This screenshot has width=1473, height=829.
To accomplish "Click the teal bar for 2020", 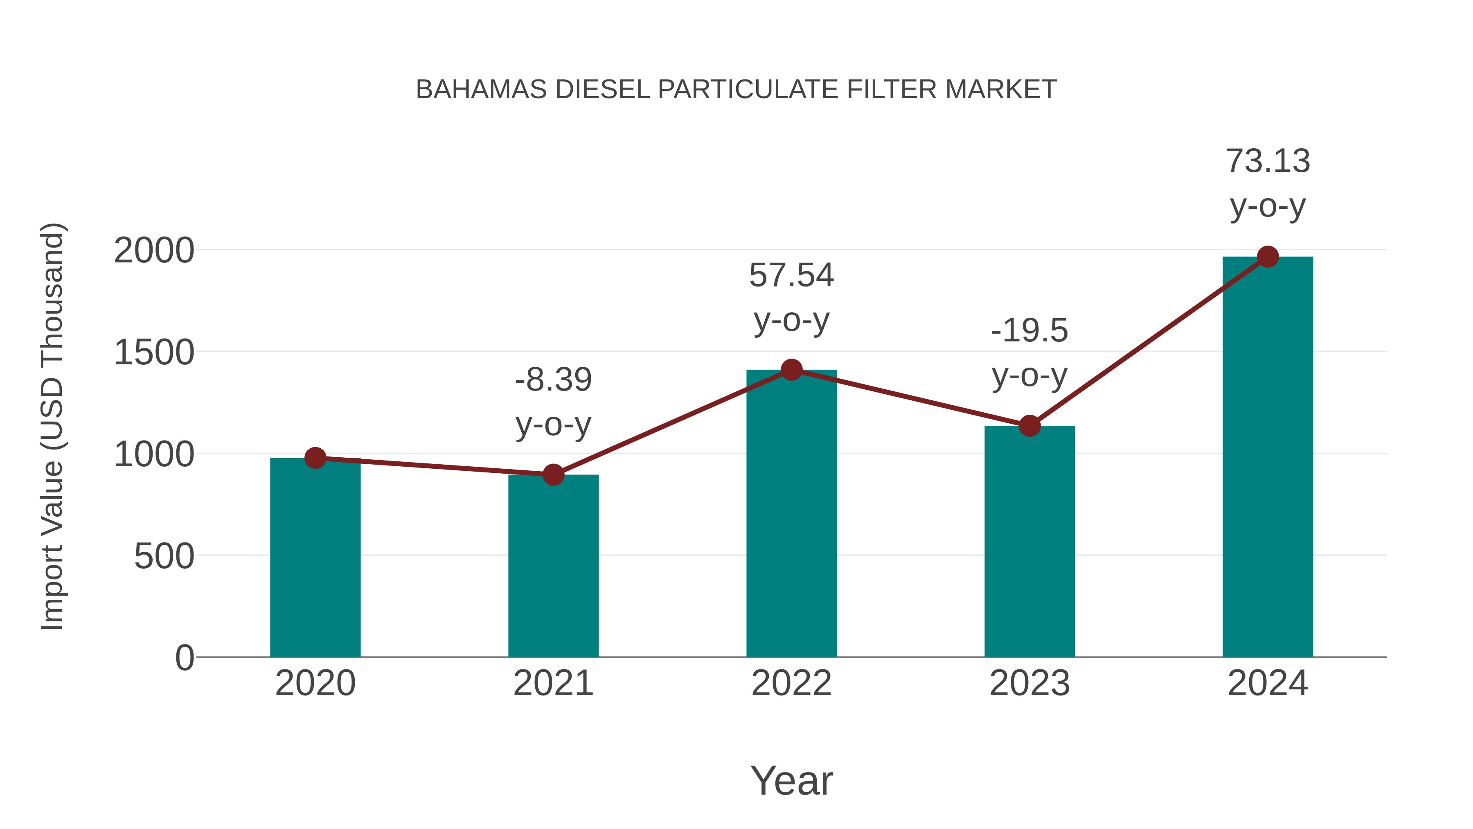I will (x=315, y=558).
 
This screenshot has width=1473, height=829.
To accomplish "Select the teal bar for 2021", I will (x=553, y=567).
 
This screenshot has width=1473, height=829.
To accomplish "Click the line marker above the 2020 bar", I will (x=315, y=458).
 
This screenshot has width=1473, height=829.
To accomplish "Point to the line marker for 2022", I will (x=791, y=370).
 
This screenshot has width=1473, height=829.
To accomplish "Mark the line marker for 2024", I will (x=1268, y=257).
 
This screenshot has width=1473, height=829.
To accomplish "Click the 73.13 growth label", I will (x=1268, y=161).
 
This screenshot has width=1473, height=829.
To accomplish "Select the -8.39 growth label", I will (x=553, y=380).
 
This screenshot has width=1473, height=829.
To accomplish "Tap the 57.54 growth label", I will (x=791, y=275).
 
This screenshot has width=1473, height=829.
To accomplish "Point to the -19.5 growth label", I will (x=1029, y=331).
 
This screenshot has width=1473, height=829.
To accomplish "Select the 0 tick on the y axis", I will (x=184, y=658).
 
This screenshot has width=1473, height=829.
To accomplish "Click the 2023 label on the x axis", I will (x=1029, y=683).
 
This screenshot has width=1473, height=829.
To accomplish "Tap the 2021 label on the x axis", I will (x=553, y=683).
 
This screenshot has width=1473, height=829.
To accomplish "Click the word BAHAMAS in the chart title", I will (x=482, y=90).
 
